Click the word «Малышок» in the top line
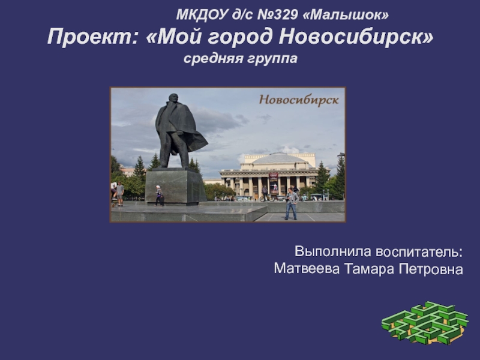click(x=346, y=14)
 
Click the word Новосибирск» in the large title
click(x=356, y=36)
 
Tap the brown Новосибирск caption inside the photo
click(x=299, y=100)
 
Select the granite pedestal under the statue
click(x=175, y=186)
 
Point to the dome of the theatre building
click(x=279, y=158)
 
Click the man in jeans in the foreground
click(x=291, y=203)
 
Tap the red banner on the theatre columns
click(x=274, y=183)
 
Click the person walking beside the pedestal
click(x=159, y=196)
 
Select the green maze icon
click(x=425, y=323)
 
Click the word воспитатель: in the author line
click(x=419, y=252)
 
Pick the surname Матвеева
click(x=307, y=269)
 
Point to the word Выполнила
click(x=333, y=251)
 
